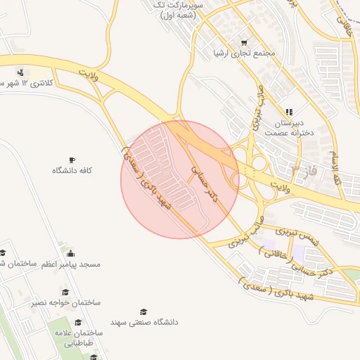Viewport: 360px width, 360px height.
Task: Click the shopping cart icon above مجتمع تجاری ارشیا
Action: coord(245,42)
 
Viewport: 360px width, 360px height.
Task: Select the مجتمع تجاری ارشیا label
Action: coord(245,53)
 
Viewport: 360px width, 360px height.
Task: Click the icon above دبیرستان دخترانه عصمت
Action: coord(288,112)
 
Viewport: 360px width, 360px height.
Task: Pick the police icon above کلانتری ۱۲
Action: coord(21,72)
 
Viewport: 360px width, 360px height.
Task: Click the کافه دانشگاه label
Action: coord(73,171)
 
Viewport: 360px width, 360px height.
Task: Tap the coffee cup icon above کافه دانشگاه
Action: coord(72,160)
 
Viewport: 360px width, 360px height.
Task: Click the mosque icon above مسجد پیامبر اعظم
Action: coord(70,253)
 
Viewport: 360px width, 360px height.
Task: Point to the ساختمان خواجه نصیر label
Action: coord(66,302)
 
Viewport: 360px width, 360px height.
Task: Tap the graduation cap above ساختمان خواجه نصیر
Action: coord(65,292)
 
